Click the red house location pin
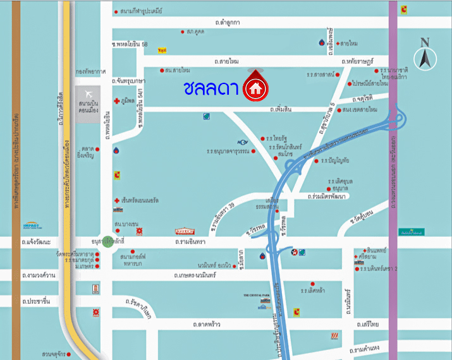point(255,88)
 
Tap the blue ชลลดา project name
point(211,89)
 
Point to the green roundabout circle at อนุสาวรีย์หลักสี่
point(108,241)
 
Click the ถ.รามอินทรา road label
point(193,241)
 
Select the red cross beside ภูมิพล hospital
point(116,101)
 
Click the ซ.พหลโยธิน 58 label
point(130,44)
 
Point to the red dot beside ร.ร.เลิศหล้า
point(312,284)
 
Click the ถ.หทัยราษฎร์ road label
point(361,61)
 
